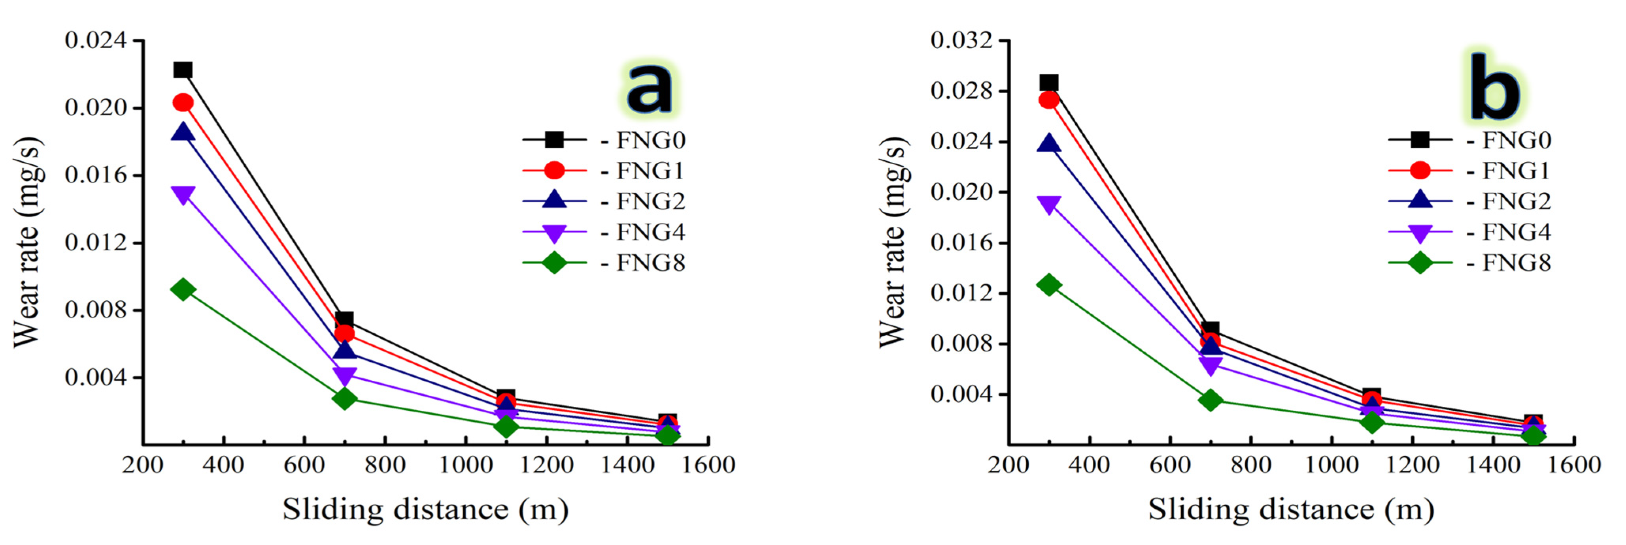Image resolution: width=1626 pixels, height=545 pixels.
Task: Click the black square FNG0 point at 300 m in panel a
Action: coord(182,70)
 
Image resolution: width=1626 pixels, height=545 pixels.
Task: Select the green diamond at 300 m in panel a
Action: coord(182,289)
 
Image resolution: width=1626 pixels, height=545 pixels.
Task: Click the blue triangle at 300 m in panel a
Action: coord(182,132)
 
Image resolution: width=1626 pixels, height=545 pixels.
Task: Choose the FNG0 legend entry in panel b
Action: coord(1470,139)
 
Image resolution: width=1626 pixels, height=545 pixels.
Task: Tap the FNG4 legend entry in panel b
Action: coord(1470,232)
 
